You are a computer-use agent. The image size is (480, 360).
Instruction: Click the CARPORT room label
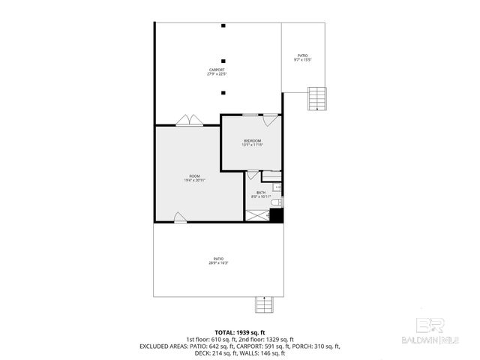[x=217, y=72]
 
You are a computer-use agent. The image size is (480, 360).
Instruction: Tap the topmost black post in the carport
[x=223, y=25]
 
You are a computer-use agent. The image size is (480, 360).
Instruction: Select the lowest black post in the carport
[x=223, y=93]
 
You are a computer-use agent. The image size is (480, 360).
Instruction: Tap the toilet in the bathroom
[x=275, y=202]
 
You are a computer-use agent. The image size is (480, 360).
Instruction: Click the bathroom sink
[x=277, y=186]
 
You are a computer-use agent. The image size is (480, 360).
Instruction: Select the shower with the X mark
[x=257, y=214]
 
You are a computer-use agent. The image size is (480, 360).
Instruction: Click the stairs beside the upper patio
[x=318, y=98]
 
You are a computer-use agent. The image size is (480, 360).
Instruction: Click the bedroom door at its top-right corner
[x=271, y=118]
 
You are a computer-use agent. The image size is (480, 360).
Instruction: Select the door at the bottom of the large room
[x=180, y=217]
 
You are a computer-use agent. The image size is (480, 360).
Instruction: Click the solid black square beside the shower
[x=276, y=215]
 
